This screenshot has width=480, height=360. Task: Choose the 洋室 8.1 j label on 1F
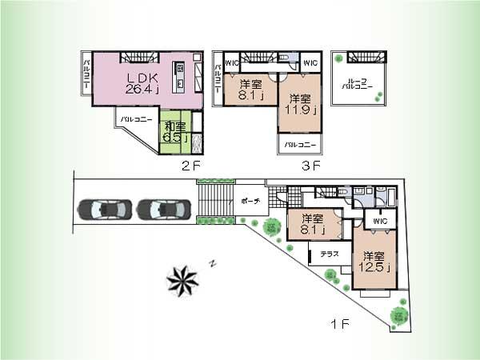point(312,226)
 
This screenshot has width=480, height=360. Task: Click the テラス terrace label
point(330,253)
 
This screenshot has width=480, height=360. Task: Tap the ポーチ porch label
point(249,202)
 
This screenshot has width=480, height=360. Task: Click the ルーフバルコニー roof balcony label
point(351,84)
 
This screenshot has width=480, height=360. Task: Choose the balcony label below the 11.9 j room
point(299,145)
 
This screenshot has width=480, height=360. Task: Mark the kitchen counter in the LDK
point(181,78)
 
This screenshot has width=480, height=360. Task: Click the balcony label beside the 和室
point(133,119)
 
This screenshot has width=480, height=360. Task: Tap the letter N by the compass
point(212,262)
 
